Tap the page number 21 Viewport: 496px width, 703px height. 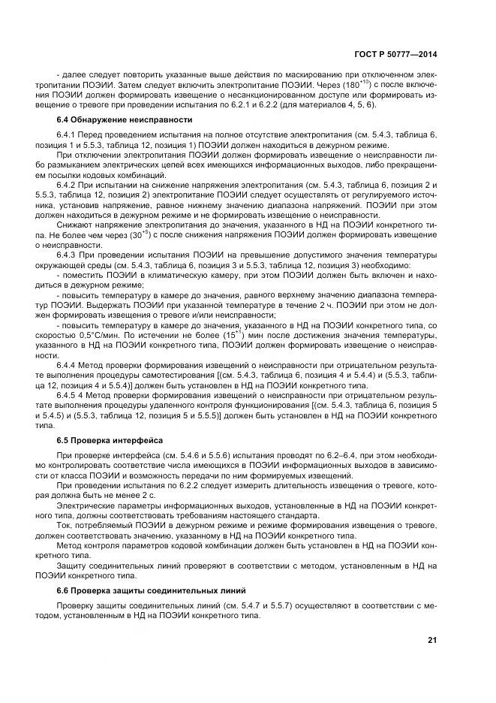[431, 640]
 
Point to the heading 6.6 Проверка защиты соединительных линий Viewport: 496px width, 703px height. [140, 590]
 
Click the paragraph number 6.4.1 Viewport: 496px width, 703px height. [68, 134]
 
